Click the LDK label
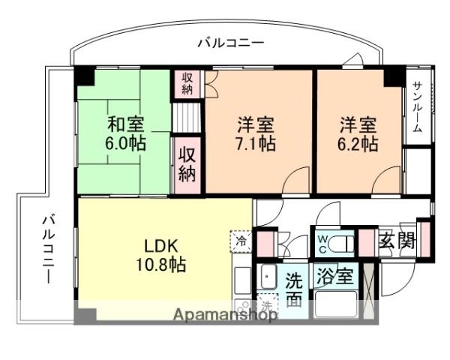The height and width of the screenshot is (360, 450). (160, 246)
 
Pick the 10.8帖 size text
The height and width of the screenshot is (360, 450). (160, 265)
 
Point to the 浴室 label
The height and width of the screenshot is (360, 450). (334, 275)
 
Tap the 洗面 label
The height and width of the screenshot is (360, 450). (295, 289)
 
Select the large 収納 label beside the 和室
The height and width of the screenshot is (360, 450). (187, 164)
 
